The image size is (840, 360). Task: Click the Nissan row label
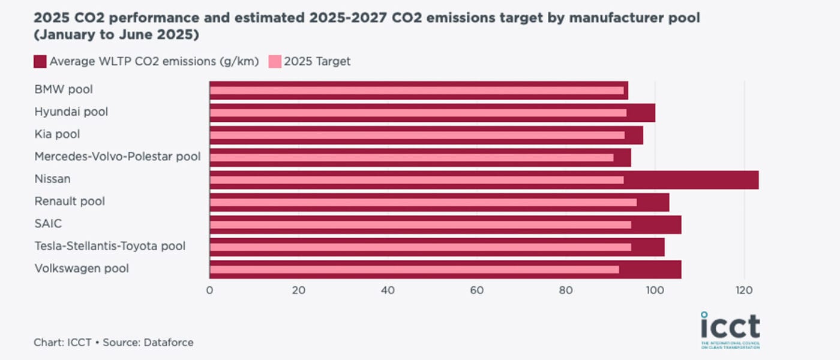52,179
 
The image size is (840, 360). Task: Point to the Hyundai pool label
71,112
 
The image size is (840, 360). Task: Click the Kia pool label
57,134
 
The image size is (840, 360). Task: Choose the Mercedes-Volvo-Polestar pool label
117,157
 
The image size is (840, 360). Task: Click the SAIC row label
48,224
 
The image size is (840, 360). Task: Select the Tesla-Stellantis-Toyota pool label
110,246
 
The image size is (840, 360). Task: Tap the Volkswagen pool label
82,268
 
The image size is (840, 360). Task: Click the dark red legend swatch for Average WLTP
40,61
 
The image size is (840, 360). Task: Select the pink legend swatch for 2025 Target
274,61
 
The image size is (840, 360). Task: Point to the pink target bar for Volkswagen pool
414,269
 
